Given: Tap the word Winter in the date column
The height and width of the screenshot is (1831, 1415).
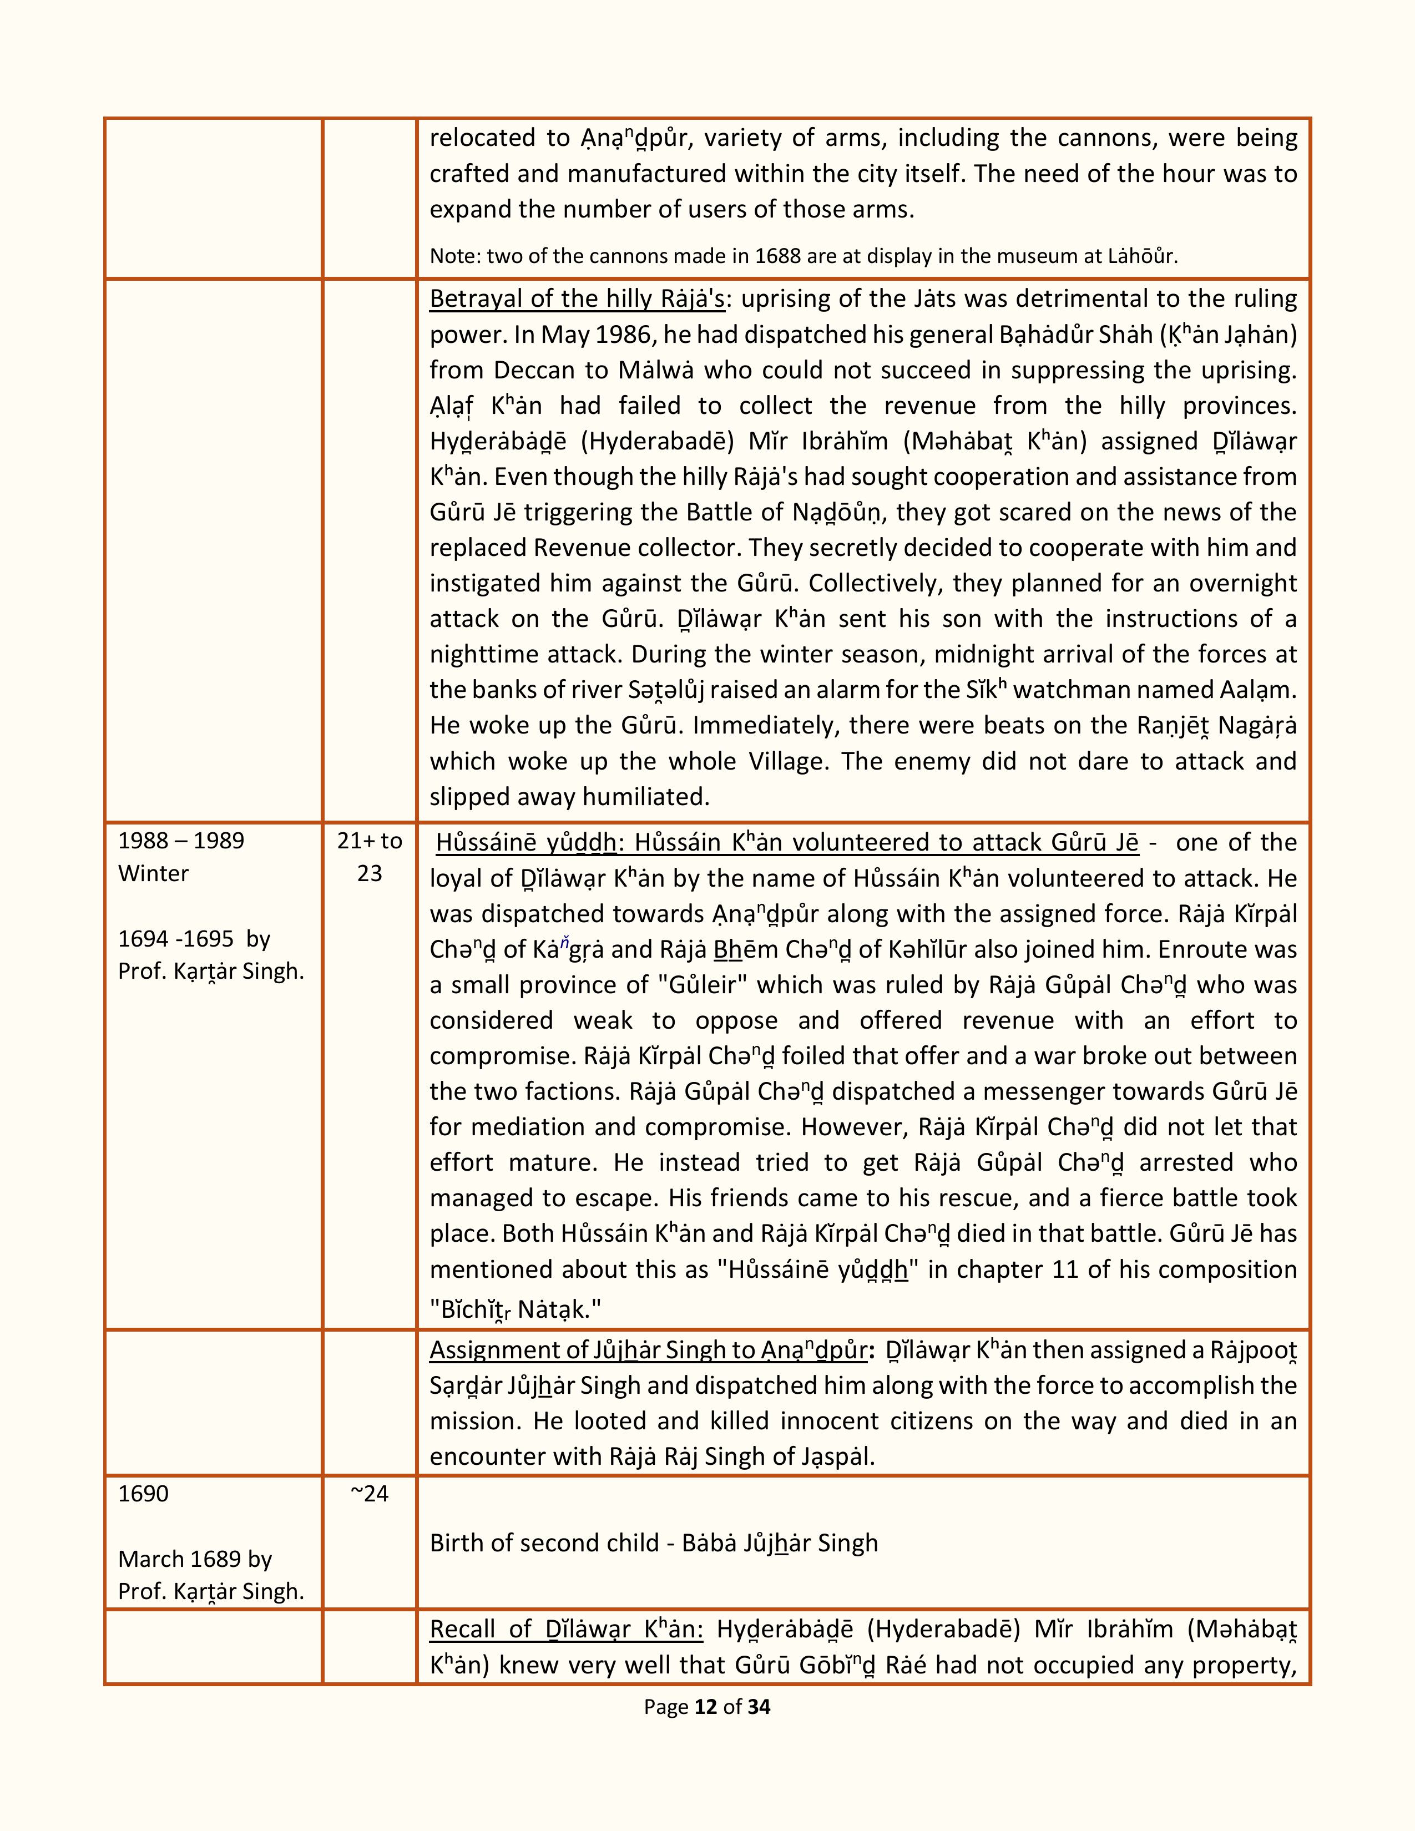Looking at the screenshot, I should (x=153, y=873).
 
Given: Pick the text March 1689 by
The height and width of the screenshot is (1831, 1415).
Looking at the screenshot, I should (x=194, y=1559).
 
